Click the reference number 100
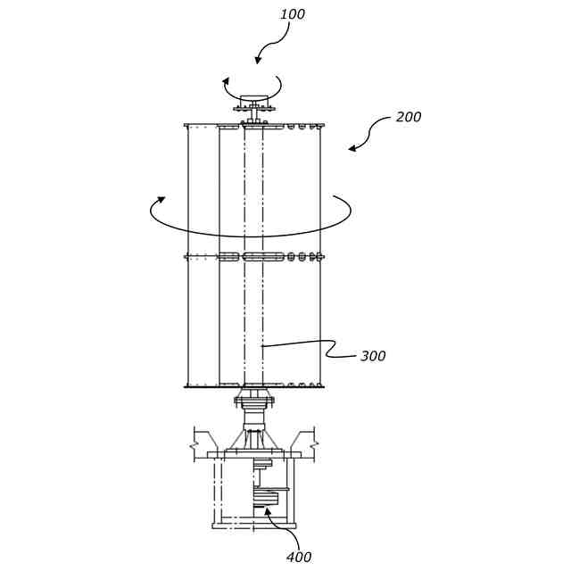(x=292, y=14)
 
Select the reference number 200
(x=408, y=117)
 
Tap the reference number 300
(x=373, y=356)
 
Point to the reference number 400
(x=299, y=557)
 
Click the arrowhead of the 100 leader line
(x=259, y=62)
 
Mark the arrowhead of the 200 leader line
(x=351, y=149)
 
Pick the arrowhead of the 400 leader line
(x=267, y=511)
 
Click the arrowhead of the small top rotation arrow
(x=227, y=82)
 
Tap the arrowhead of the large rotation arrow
(x=161, y=200)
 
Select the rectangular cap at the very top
(x=254, y=99)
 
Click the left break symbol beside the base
(x=198, y=440)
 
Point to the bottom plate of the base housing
(x=253, y=525)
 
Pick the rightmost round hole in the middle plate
(x=314, y=257)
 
